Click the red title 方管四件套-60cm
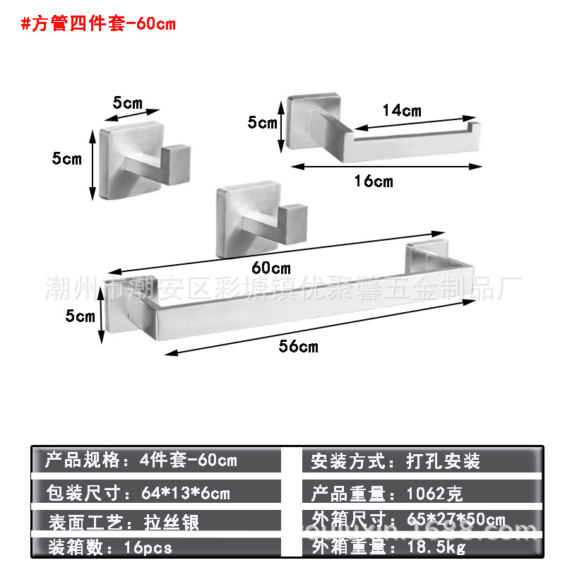pyautogui.click(x=98, y=24)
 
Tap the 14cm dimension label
pyautogui.click(x=401, y=110)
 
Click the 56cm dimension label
pyautogui.click(x=299, y=346)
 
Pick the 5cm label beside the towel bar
pyautogui.click(x=80, y=316)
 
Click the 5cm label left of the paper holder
pyautogui.click(x=263, y=123)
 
